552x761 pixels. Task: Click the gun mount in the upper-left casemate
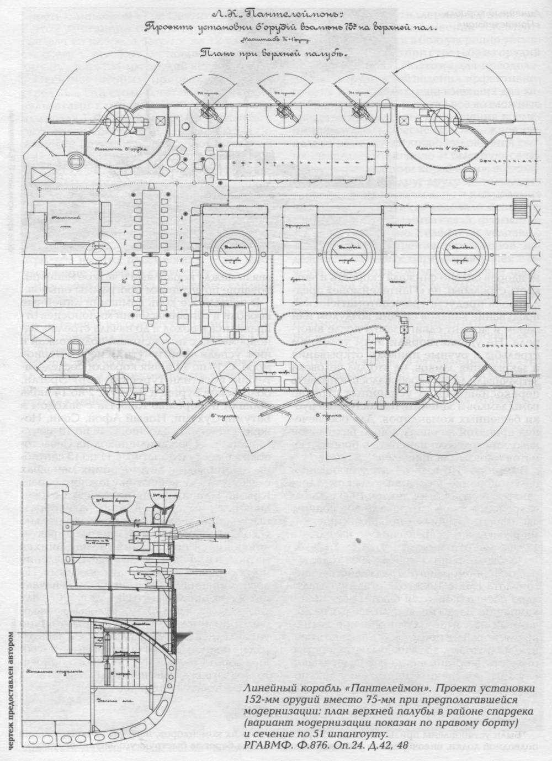[x=120, y=117]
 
